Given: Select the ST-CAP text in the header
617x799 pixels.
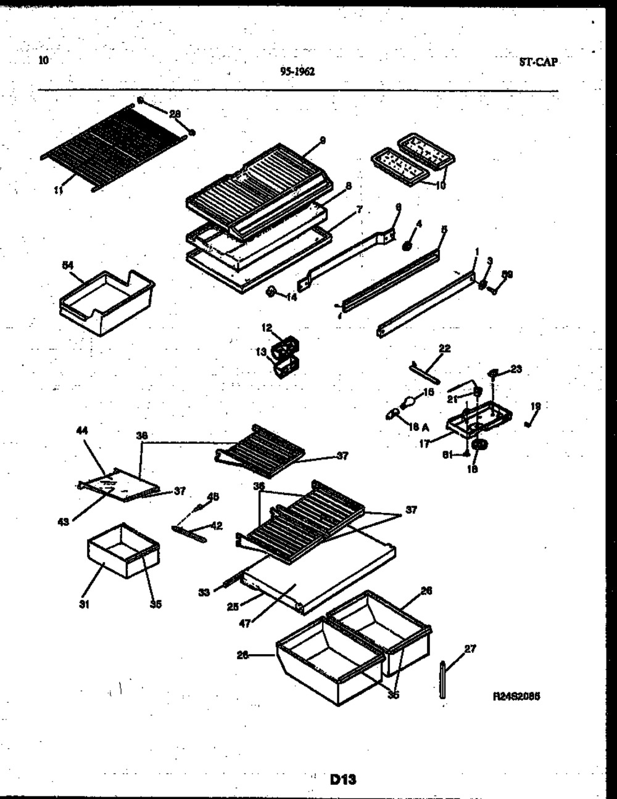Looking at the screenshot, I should tap(538, 62).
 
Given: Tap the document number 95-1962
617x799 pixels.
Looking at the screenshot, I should tap(297, 72).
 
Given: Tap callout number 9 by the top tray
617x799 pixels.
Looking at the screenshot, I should tap(322, 141).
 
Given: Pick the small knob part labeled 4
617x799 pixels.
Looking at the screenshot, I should tap(407, 246).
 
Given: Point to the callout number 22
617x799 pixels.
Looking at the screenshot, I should tap(444, 348).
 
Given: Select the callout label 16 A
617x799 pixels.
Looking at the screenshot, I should tap(420, 426).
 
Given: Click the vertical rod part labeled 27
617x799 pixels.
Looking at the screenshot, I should tap(444, 679).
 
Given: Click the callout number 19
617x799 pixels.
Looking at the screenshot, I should tap(535, 406).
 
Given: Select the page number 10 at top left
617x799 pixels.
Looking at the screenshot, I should tap(42, 60).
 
